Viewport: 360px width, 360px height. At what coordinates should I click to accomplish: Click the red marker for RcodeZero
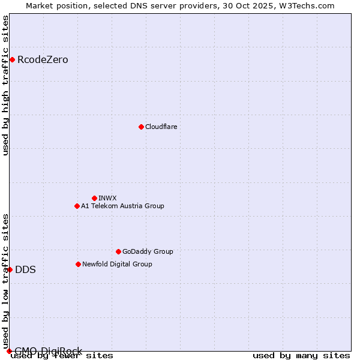click(12, 59)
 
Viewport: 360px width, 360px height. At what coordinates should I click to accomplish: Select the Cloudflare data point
click(141, 127)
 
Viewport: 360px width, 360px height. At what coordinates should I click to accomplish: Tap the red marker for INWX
click(94, 198)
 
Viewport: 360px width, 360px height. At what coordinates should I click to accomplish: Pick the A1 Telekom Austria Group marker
click(77, 206)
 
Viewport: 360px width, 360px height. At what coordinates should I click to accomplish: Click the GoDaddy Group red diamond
click(118, 251)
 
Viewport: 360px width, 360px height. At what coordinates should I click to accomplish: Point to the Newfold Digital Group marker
click(78, 264)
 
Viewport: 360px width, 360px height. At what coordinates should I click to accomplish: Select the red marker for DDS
click(10, 269)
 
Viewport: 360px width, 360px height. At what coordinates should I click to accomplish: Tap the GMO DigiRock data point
click(9, 351)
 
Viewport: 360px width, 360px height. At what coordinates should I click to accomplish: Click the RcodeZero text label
click(43, 59)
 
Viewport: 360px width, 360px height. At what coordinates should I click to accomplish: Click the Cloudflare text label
click(161, 127)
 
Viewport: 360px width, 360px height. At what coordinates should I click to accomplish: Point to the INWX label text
click(107, 198)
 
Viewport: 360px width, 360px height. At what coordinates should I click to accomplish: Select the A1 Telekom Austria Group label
click(122, 206)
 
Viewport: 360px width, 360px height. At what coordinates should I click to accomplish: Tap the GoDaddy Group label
click(148, 251)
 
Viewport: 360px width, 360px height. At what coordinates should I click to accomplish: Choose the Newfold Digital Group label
click(117, 264)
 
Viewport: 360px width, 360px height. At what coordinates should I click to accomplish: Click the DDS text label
click(25, 269)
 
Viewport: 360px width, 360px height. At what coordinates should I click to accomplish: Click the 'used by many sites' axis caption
click(301, 356)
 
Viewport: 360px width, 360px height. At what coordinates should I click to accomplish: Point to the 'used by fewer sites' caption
click(62, 356)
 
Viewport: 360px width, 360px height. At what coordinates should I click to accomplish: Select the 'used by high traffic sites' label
click(6, 85)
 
